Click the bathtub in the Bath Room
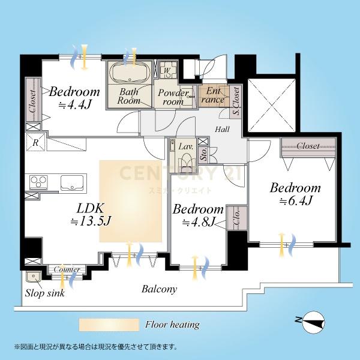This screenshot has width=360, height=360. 130,72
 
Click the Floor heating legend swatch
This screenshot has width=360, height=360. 109,325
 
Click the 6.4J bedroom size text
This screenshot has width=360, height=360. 296,201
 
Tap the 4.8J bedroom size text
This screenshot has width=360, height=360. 199,222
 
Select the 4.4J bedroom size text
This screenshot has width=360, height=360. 75,104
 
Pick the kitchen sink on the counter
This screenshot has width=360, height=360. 72,183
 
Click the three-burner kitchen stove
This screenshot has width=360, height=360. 39,182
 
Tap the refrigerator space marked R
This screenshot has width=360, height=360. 35,142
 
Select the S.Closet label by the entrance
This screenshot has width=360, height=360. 236,101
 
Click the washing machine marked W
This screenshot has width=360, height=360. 168,70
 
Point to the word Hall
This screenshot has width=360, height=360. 222,129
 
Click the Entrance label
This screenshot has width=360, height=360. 213,95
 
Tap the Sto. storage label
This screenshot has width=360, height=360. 203,154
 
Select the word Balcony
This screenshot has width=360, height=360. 160,289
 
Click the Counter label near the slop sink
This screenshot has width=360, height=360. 67,269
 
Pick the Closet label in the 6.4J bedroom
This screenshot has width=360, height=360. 308,146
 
